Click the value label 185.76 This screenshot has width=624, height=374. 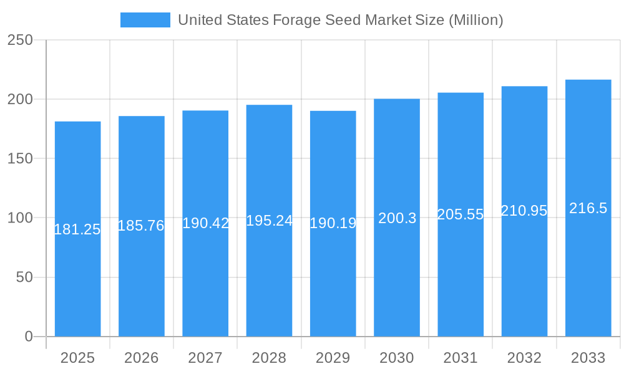click(x=141, y=226)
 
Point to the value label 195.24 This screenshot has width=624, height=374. click(x=269, y=221)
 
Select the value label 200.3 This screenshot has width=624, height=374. click(x=397, y=218)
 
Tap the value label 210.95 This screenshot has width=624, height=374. click(x=524, y=211)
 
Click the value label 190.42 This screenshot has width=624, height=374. click(x=205, y=223)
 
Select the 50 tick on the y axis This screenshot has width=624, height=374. click(x=24, y=277)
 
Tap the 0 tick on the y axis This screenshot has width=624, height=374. click(x=28, y=337)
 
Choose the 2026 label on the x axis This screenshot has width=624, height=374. click(x=141, y=358)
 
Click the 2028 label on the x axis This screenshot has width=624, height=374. click(x=269, y=358)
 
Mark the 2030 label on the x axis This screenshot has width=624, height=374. click(x=397, y=358)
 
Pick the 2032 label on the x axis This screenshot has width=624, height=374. click(x=524, y=358)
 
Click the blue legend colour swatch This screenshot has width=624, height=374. click(x=145, y=20)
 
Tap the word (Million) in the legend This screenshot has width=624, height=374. click(x=475, y=20)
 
